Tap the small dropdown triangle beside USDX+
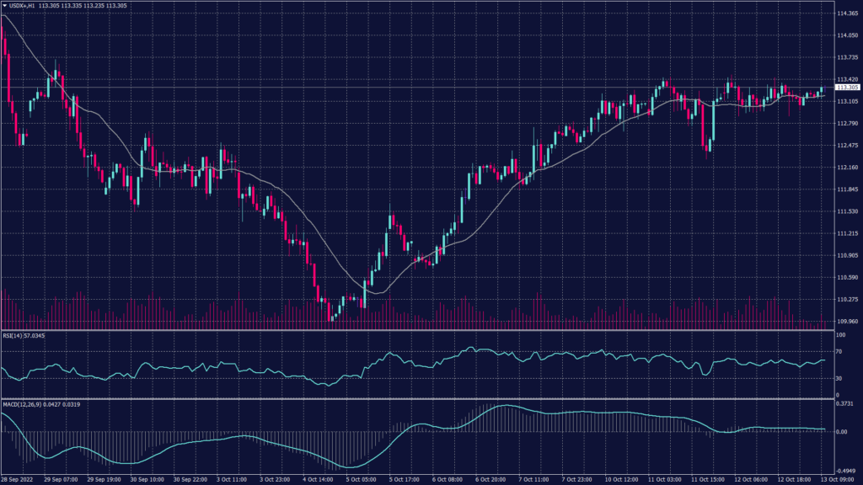coord(4,5)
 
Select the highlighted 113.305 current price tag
coord(847,87)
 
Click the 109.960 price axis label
coord(847,321)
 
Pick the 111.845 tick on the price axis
coord(847,189)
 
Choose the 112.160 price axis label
coord(847,168)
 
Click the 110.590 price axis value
coord(847,277)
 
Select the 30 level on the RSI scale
coord(839,379)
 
